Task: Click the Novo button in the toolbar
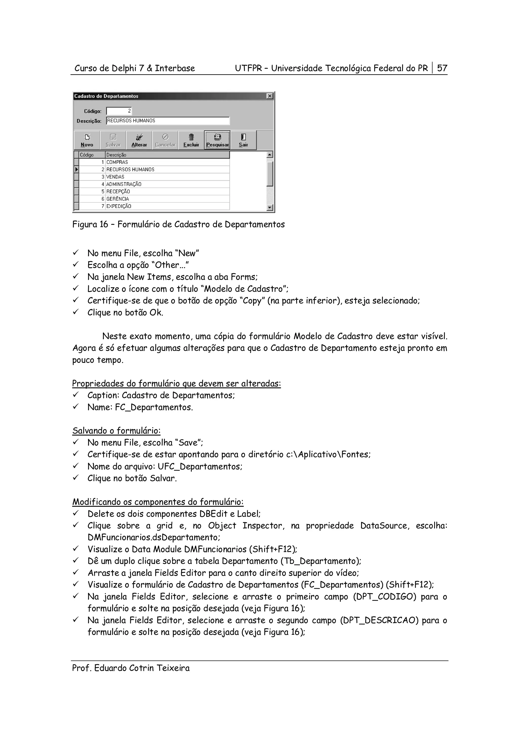[x=87, y=140]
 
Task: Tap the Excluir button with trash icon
[x=191, y=140]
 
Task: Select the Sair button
[x=243, y=140]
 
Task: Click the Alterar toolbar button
[x=139, y=140]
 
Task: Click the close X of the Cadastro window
[x=270, y=96]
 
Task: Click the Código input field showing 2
[x=119, y=111]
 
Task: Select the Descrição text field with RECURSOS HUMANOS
[x=168, y=121]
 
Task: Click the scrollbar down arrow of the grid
[x=270, y=208]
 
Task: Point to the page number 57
[x=442, y=68]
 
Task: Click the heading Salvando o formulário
[x=116, y=431]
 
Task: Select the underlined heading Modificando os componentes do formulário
[x=158, y=502]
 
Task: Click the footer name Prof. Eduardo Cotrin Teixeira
[x=131, y=668]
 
